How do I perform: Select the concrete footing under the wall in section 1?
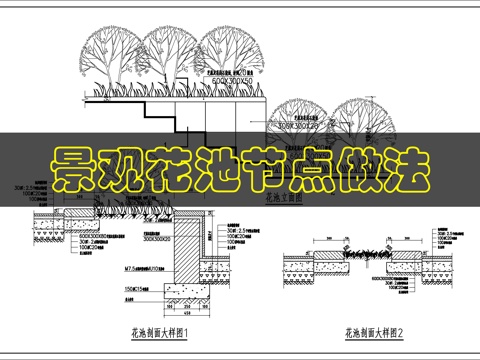coord(190,291)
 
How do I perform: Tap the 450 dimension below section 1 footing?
coord(190,311)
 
